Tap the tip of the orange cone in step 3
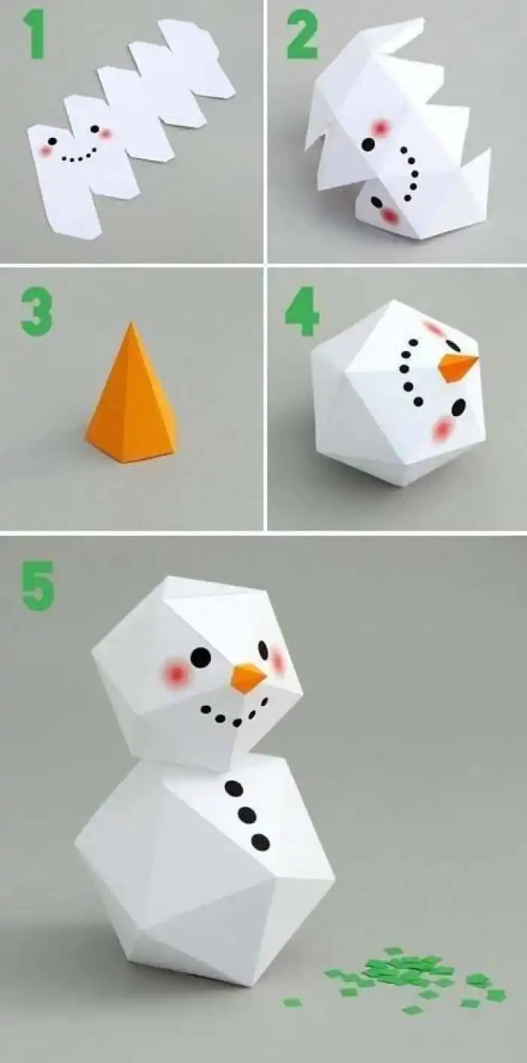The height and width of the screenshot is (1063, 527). tap(133, 325)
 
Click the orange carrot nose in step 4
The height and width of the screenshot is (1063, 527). tap(457, 367)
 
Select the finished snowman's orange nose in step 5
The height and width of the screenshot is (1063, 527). tap(248, 677)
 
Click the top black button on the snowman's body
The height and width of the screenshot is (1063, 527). tap(234, 788)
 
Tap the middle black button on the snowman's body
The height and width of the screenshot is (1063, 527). tap(247, 815)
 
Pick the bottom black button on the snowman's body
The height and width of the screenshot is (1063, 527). tap(260, 842)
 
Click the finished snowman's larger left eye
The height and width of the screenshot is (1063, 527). tap(200, 657)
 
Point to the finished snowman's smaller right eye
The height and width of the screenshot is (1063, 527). tap(263, 649)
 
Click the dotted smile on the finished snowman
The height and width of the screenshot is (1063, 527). tap(234, 716)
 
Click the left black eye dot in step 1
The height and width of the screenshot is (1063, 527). tap(52, 141)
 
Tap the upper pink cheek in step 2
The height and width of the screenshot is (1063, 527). tap(381, 128)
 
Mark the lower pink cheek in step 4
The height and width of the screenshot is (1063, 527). tap(443, 429)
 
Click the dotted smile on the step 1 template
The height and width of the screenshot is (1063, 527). tap(80, 157)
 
